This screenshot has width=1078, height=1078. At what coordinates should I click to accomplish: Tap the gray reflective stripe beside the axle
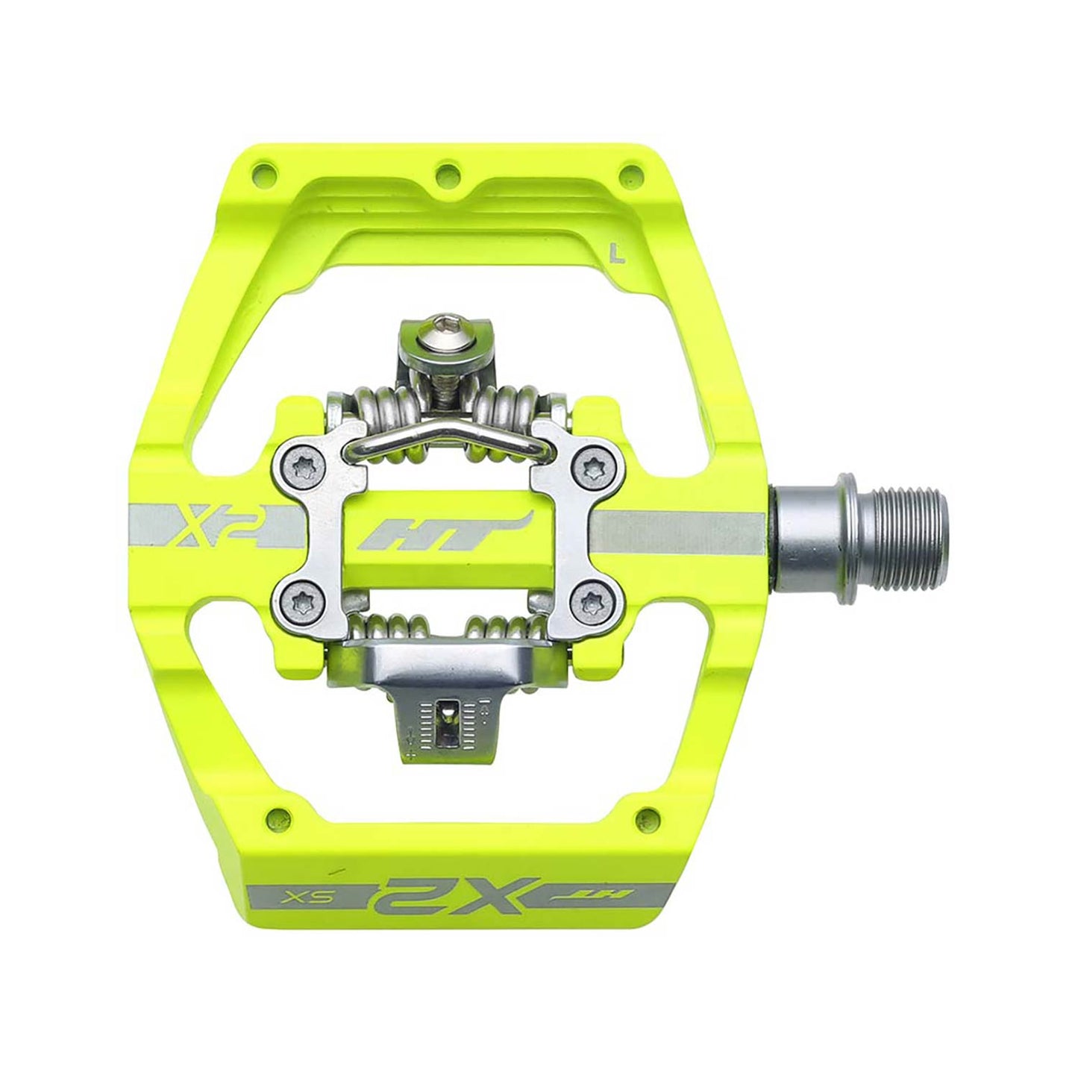tap(679, 528)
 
